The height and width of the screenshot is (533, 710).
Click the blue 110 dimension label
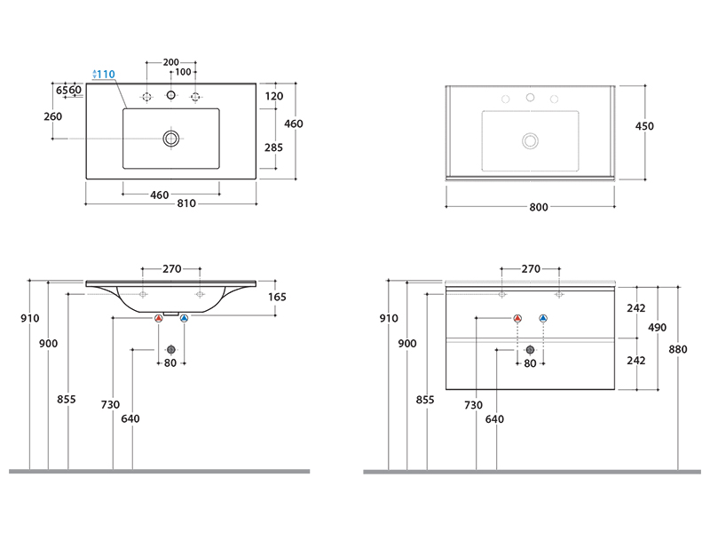coord(106,74)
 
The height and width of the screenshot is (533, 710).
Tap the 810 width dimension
coord(186,203)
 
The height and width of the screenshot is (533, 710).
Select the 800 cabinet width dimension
coord(539,207)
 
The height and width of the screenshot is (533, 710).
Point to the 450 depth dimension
coord(644,126)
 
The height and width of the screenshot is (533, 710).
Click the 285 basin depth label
coord(273,147)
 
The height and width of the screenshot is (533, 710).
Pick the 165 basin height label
coord(277,297)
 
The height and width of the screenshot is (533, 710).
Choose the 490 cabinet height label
coord(657,327)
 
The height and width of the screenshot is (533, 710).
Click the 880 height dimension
coord(678,349)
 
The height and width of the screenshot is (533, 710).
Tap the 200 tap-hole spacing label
coord(171,62)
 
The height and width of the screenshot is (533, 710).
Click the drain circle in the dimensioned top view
coord(171,139)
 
